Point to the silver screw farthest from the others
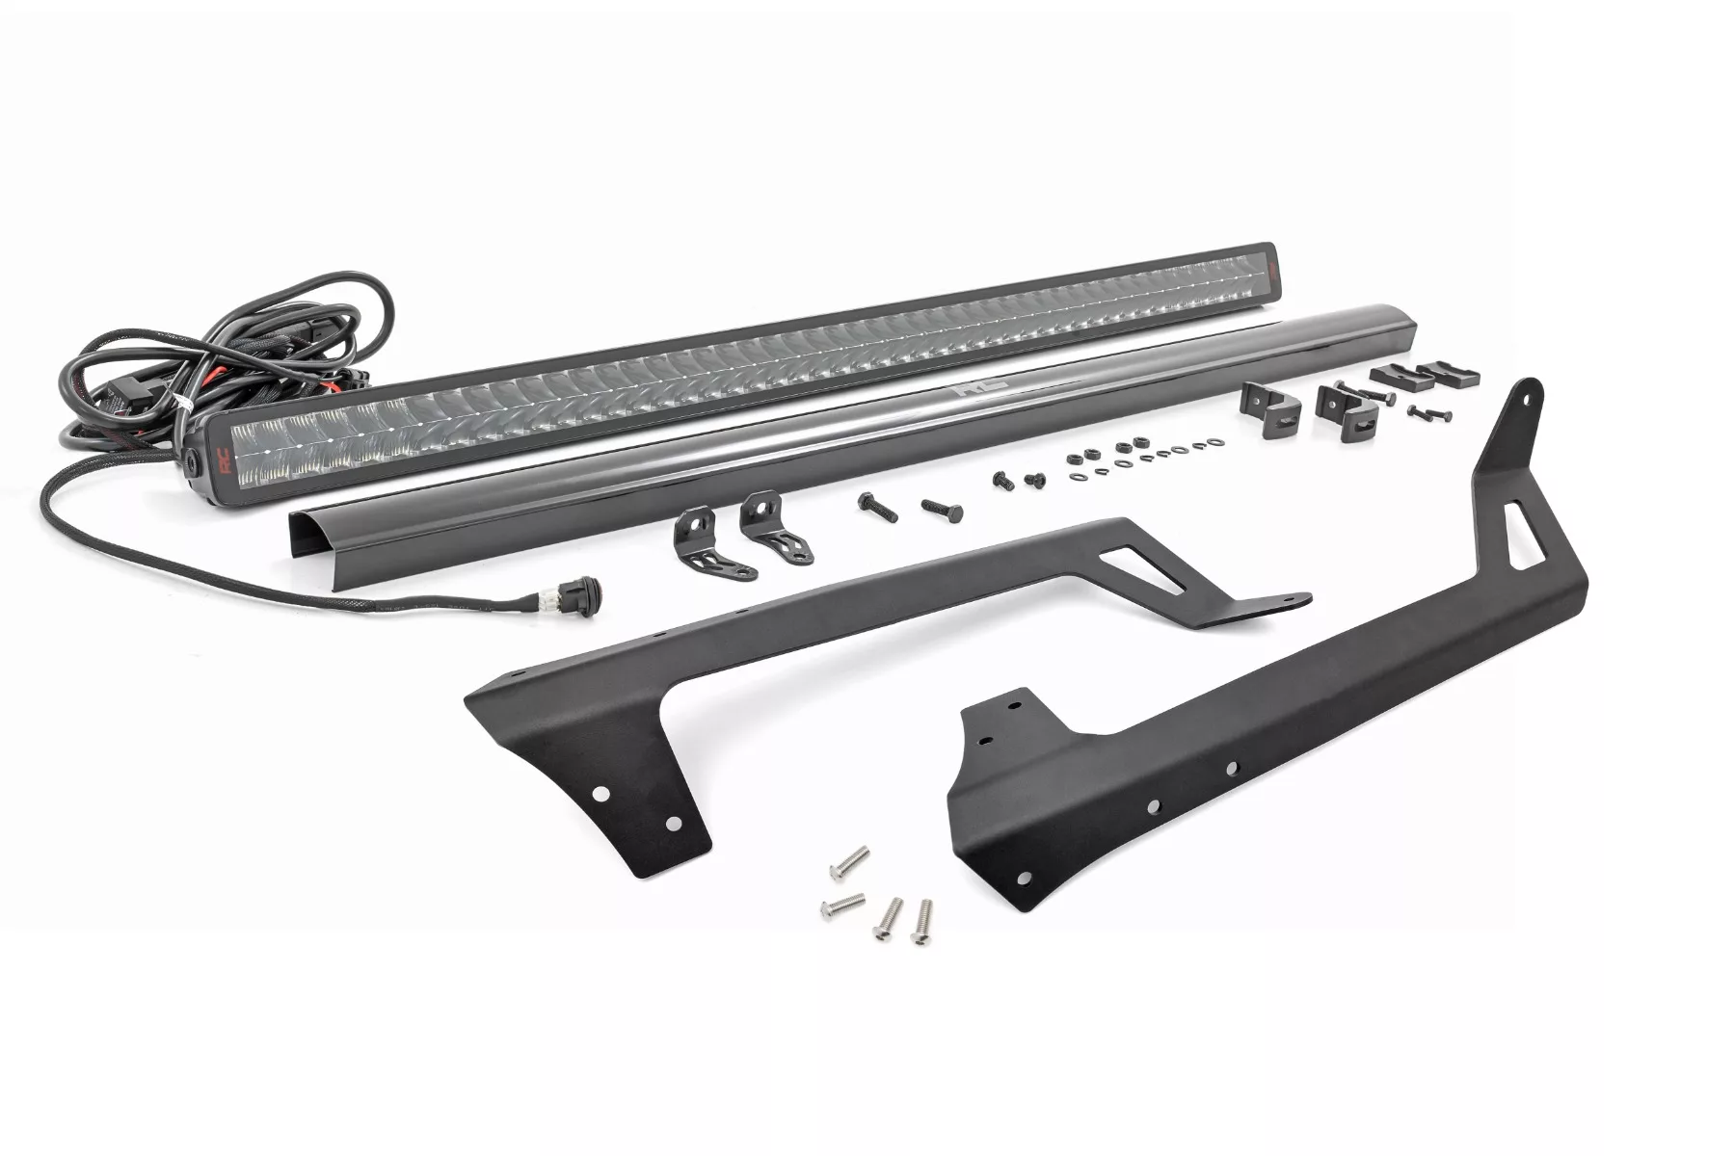click(x=849, y=860)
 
